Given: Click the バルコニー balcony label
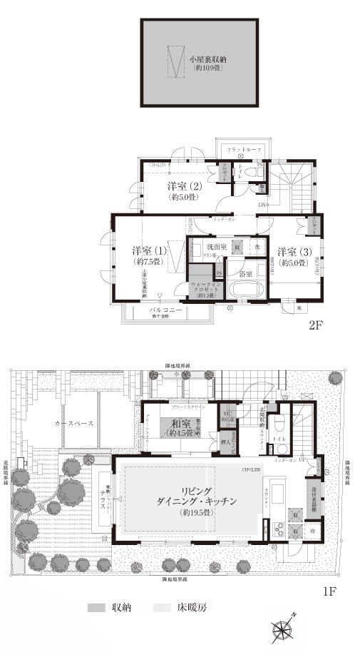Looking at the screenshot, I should click(x=165, y=310).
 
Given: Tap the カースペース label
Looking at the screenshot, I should click(x=75, y=422).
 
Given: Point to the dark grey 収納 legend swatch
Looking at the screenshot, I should click(x=96, y=608).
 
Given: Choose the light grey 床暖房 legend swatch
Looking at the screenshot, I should click(x=162, y=608).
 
